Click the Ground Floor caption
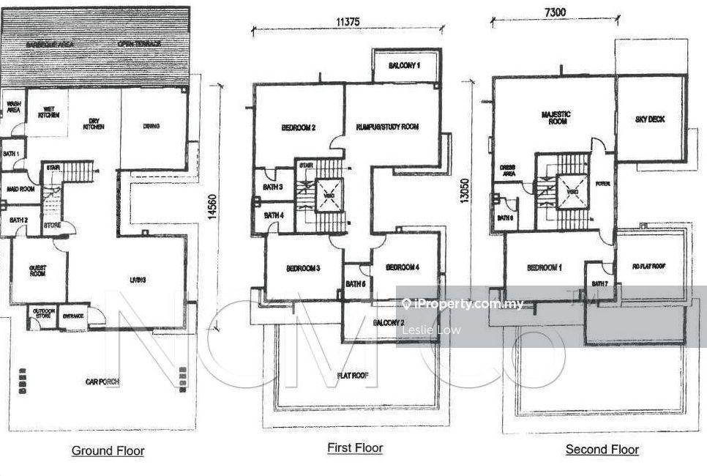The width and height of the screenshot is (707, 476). pos(108,451)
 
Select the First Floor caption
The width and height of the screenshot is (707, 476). pos(355,448)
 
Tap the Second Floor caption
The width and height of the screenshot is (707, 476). pos(602,450)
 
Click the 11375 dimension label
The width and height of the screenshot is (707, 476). pos(348,21)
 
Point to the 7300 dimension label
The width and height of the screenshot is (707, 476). pos(554,12)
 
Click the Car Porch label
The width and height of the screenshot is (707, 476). pos(102,382)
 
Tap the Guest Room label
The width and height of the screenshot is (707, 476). pos(37,272)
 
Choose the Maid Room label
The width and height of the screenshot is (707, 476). pos(21,189)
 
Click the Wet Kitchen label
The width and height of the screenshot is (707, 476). pos(48,113)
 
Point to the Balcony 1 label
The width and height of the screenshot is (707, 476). pos(404,66)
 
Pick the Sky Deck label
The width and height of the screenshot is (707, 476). pos(650,119)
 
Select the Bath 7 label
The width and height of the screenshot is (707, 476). pos(599,283)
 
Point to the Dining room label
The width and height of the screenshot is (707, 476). pos(151,126)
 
